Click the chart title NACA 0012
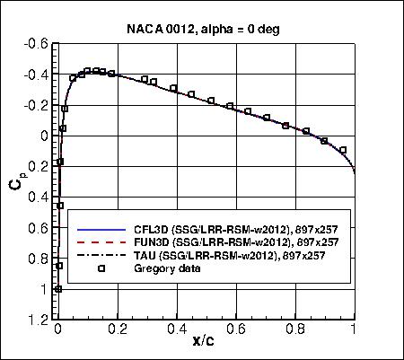[203, 29]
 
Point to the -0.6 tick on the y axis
[37, 43]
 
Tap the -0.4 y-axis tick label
[37, 75]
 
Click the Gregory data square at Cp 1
[58, 289]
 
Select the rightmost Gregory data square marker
[343, 150]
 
